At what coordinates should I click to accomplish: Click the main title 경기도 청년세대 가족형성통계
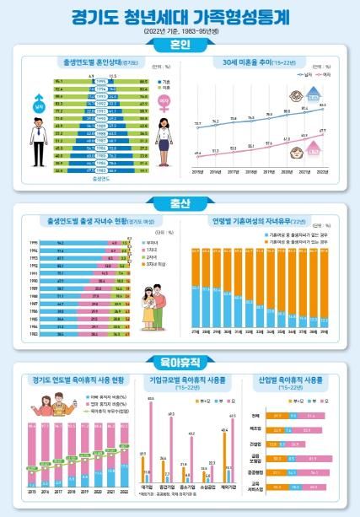tap(180, 15)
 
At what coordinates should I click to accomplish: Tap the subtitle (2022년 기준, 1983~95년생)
tap(180, 30)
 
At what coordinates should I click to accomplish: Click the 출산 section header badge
tap(180, 202)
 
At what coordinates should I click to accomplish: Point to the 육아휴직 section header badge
tap(180, 363)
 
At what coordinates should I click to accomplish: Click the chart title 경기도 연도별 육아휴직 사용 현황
tap(74, 380)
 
